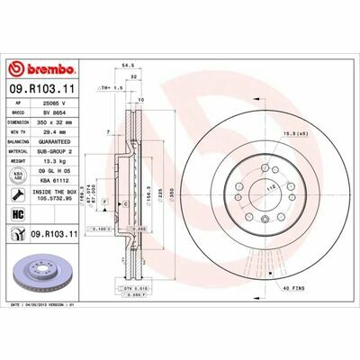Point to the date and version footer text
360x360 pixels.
49,305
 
